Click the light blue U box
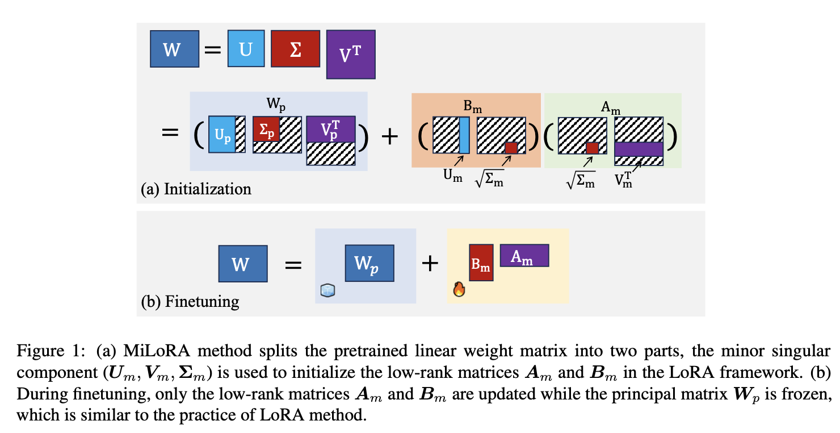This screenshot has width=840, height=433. coord(246,48)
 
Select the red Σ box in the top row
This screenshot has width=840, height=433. coord(296,48)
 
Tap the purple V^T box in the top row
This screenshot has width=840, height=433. coord(351,55)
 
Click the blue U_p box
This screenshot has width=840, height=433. coord(222,134)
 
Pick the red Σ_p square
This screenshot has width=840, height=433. coord(266,129)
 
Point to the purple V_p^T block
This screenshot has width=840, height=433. coord(331,129)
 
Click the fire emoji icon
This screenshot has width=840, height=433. coord(459,289)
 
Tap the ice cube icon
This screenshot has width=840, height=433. coord(327,290)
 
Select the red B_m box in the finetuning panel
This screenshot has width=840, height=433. coord(481,263)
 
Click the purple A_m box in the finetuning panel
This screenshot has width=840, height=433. coord(524,255)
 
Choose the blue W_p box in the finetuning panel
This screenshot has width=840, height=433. coord(369,263)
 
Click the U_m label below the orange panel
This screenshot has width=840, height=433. coord(452,176)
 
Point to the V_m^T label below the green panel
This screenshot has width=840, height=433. coord(623,180)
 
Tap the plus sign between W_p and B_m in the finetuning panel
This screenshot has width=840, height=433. coord(430,263)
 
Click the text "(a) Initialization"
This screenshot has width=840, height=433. coord(196,189)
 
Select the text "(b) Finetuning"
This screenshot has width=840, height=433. coord(190,302)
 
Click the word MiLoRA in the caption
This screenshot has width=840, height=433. coord(157,351)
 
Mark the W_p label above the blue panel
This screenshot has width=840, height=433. coord(276,103)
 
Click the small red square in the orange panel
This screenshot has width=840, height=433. coord(511,148)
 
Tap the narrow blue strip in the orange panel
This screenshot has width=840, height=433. coord(464,135)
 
